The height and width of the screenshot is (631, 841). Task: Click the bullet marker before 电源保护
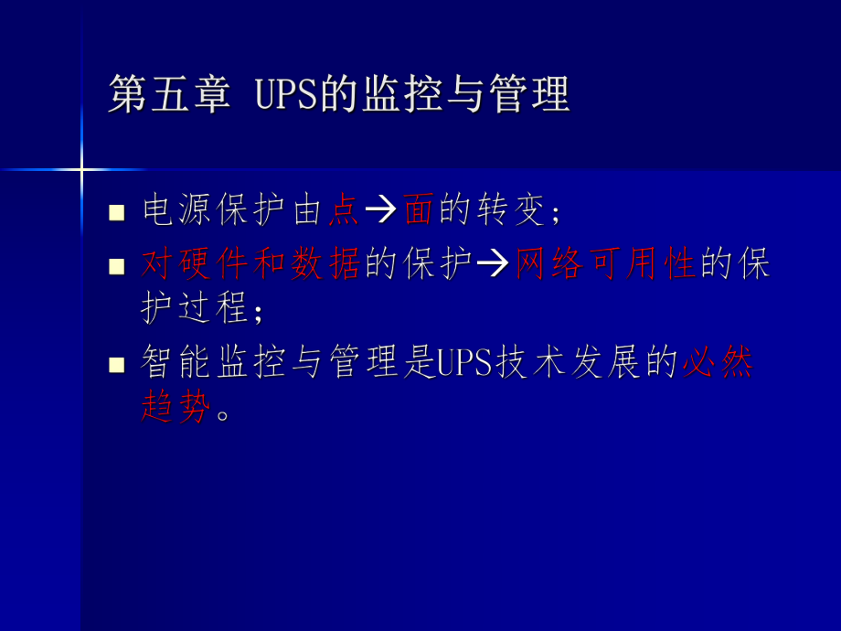point(116,213)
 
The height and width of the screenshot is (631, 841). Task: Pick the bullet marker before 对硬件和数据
point(116,266)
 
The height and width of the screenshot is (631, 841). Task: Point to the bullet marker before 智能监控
point(116,365)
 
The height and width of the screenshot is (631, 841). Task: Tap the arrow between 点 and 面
point(379,212)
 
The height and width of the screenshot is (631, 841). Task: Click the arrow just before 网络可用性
point(493,265)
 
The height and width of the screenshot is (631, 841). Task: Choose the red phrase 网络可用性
point(605,264)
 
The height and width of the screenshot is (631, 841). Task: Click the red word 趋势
point(176,406)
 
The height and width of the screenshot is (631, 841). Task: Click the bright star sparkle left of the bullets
point(81,169)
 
